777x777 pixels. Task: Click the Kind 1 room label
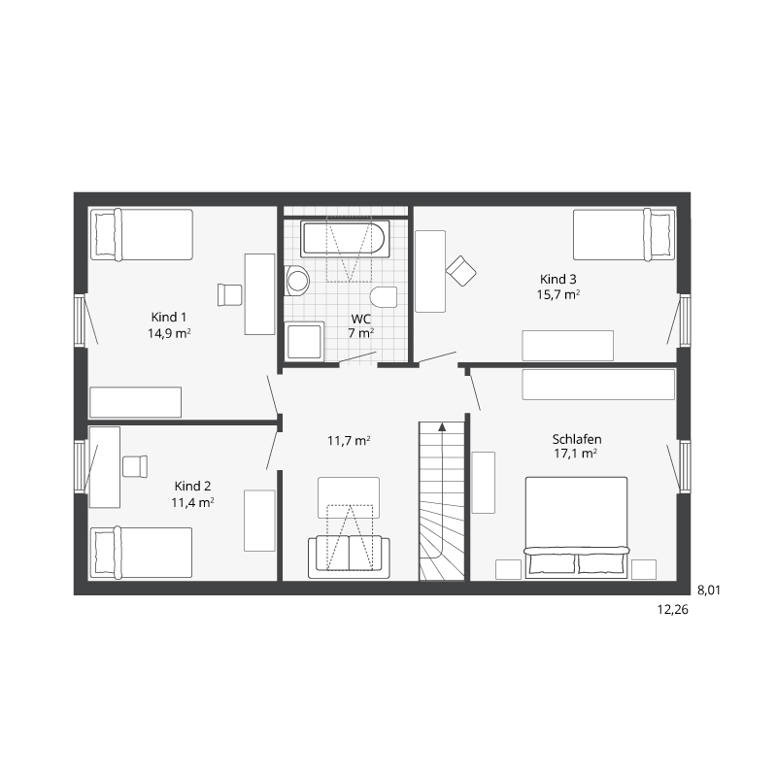pyautogui.click(x=168, y=318)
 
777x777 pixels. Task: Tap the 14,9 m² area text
pyautogui.click(x=169, y=333)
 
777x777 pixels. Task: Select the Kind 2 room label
pyautogui.click(x=192, y=487)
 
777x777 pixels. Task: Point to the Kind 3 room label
pyautogui.click(x=558, y=279)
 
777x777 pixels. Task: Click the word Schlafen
pyautogui.click(x=577, y=439)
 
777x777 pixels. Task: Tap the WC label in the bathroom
pyautogui.click(x=360, y=319)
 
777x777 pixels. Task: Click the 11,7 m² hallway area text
pyautogui.click(x=349, y=441)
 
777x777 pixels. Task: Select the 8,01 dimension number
pyautogui.click(x=709, y=591)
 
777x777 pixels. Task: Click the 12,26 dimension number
pyautogui.click(x=672, y=610)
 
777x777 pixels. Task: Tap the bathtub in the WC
pyautogui.click(x=345, y=239)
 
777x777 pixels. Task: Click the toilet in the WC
pyautogui.click(x=384, y=296)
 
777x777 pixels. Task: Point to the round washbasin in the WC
pyautogui.click(x=297, y=281)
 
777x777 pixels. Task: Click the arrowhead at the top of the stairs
pyautogui.click(x=442, y=427)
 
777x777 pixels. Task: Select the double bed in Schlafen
pyautogui.click(x=576, y=527)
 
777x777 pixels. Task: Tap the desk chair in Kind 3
pyautogui.click(x=460, y=271)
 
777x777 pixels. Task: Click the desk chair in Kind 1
pyautogui.click(x=229, y=295)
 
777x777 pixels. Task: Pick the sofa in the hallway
pyautogui.click(x=349, y=557)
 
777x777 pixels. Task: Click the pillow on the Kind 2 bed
pyautogui.click(x=105, y=552)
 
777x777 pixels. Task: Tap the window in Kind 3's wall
pyautogui.click(x=685, y=320)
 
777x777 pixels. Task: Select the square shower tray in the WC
pyautogui.click(x=304, y=340)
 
